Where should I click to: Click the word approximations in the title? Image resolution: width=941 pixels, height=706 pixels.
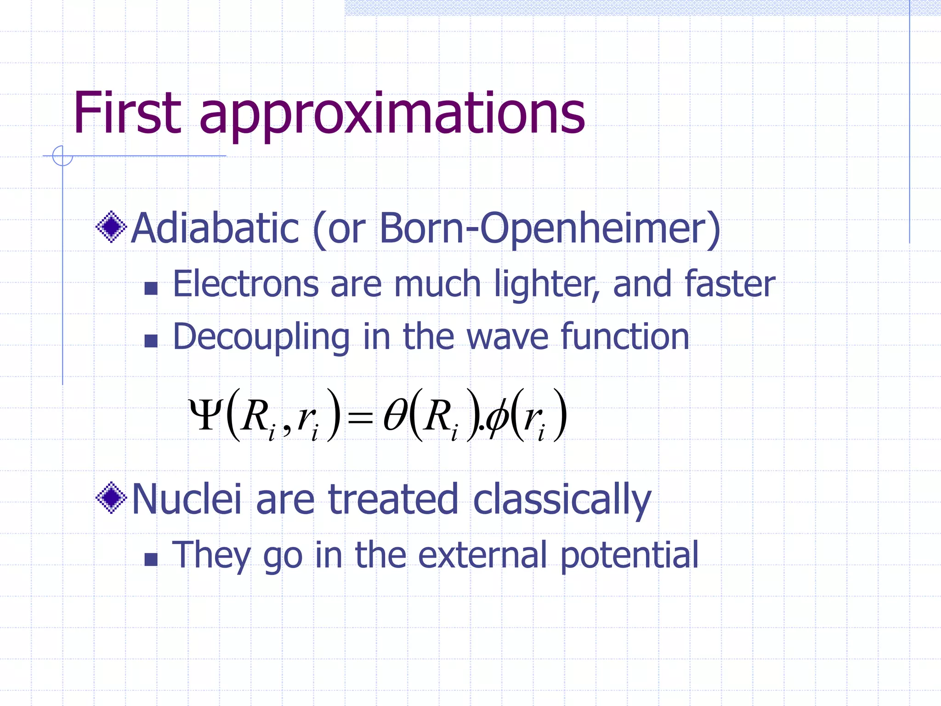pyautogui.click(x=392, y=115)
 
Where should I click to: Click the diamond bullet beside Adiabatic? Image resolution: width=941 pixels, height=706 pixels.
pyautogui.click(x=111, y=227)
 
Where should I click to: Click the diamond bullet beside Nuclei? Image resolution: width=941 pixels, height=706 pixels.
pyautogui.click(x=111, y=498)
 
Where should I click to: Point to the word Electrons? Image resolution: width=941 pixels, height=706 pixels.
pyautogui.click(x=245, y=284)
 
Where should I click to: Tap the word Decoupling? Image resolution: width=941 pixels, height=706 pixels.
pyautogui.click(x=261, y=337)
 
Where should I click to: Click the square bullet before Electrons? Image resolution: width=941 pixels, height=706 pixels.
pyautogui.click(x=151, y=288)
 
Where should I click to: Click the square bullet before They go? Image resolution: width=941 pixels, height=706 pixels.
pyautogui.click(x=151, y=559)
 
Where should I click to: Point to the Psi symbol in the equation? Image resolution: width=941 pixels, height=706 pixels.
pyautogui.click(x=206, y=414)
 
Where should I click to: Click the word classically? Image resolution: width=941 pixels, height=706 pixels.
pyautogui.click(x=562, y=500)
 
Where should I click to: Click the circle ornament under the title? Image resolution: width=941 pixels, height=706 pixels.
pyautogui.click(x=62, y=155)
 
